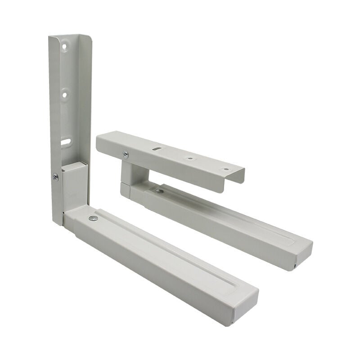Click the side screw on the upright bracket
(x=56, y=177)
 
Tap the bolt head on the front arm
(x=93, y=218)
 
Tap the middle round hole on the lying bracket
(x=189, y=158)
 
